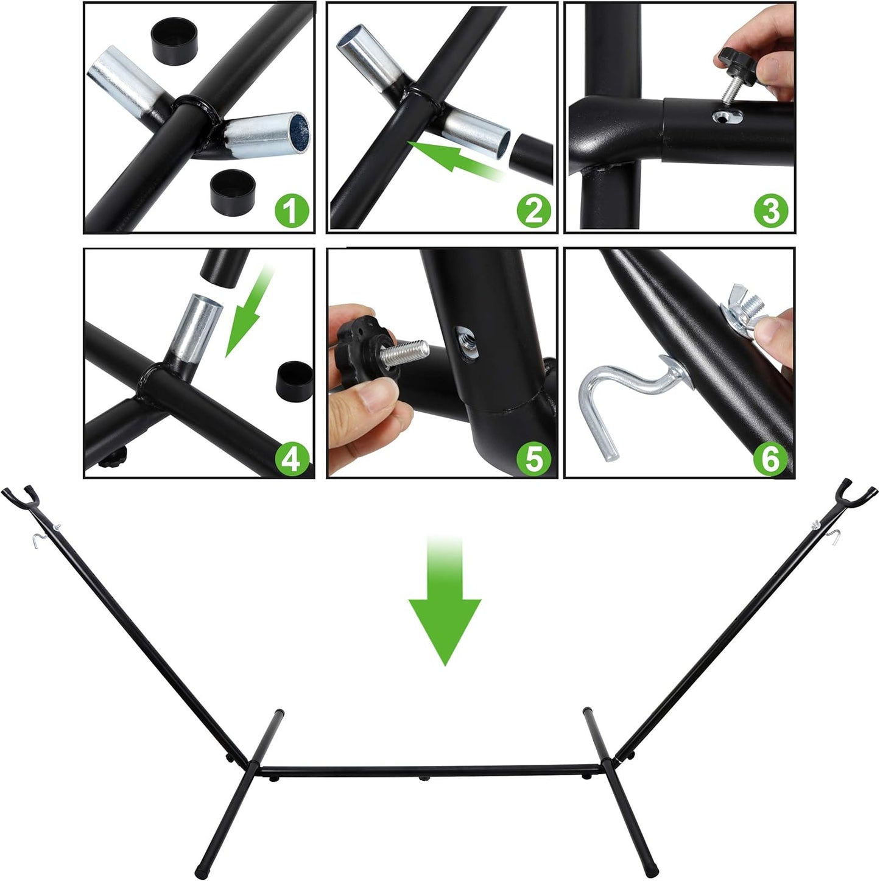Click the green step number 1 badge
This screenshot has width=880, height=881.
[x=292, y=211]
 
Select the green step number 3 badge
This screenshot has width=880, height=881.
[x=771, y=211]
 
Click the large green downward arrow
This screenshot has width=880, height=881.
[x=445, y=601]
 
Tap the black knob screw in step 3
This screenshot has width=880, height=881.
[x=733, y=75]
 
